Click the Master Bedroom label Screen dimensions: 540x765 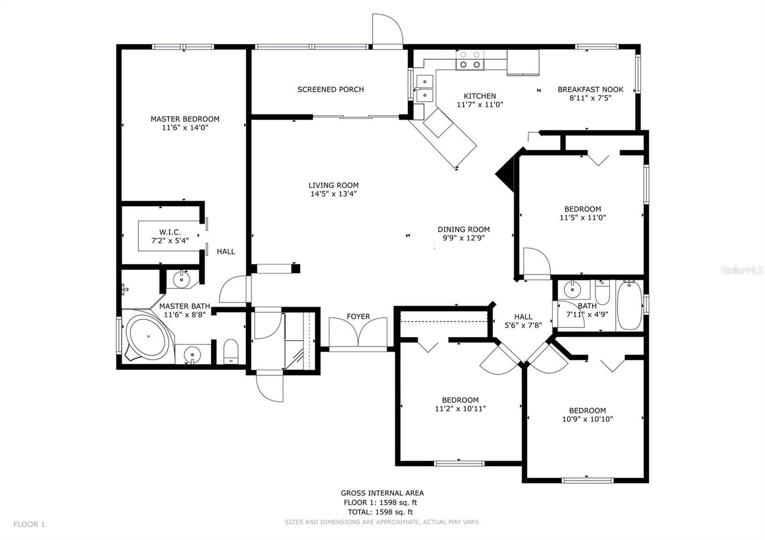click(x=185, y=119)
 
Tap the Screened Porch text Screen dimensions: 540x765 click(x=330, y=89)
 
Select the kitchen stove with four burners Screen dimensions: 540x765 click(x=470, y=60)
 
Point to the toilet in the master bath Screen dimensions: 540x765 click(x=231, y=352)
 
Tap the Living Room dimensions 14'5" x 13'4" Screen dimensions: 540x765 click(x=333, y=194)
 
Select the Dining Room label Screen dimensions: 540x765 click(x=464, y=229)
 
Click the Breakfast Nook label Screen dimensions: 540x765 click(x=590, y=89)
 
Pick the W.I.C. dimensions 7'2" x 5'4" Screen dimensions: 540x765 click(x=170, y=241)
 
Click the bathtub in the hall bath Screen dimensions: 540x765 click(x=629, y=306)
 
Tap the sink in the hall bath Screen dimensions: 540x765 click(x=571, y=289)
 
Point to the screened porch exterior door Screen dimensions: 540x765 click(x=387, y=31)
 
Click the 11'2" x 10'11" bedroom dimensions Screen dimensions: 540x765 click(x=460, y=409)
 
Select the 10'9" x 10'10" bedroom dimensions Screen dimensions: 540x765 click(x=588, y=420)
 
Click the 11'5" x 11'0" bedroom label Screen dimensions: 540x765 click(x=582, y=209)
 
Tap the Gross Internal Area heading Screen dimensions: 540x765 click(x=382, y=493)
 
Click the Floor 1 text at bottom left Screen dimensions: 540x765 click(x=29, y=524)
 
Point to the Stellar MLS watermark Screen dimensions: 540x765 click(x=742, y=270)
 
